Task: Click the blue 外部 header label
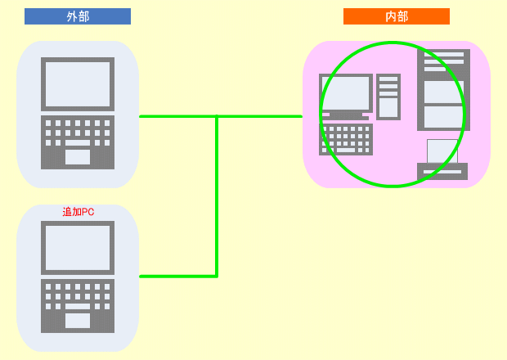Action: pyautogui.click(x=78, y=16)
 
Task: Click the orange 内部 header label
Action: pyautogui.click(x=397, y=16)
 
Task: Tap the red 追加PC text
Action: pyautogui.click(x=79, y=212)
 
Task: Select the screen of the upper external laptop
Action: pyautogui.click(x=78, y=84)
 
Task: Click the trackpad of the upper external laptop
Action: pyautogui.click(x=78, y=157)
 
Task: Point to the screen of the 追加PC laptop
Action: pyautogui.click(x=78, y=248)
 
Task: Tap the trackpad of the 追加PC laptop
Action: pyautogui.click(x=78, y=321)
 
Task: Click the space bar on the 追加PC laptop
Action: pyautogui.click(x=78, y=306)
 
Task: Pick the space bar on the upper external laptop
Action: pyautogui.click(x=78, y=142)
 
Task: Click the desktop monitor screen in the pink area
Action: pyautogui.click(x=346, y=92)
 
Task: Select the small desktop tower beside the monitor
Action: pyautogui.click(x=388, y=97)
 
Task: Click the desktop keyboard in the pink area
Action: pyautogui.click(x=346, y=139)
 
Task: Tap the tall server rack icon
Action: pyautogui.click(x=443, y=90)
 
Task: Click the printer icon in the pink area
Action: pyautogui.click(x=442, y=160)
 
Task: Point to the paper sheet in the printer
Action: pyautogui.click(x=442, y=151)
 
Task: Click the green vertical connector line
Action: pyautogui.click(x=217, y=196)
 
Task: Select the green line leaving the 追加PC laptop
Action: pyautogui.click(x=178, y=277)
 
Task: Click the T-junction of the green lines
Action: pyautogui.click(x=217, y=116)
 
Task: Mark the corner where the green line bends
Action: pyautogui.click(x=217, y=277)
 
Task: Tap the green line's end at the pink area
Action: pyautogui.click(x=302, y=116)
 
